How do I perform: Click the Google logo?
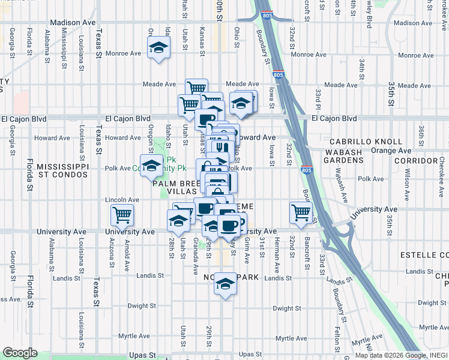coord(20,353)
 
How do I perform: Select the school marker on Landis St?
coord(225,283)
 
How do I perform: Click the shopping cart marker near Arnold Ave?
coord(122,215)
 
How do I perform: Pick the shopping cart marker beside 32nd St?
coord(301,211)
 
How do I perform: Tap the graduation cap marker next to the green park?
coord(151,165)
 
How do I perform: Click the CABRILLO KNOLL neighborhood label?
coord(365,142)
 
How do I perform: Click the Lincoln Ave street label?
coord(122,199)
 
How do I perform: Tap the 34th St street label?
coord(362,69)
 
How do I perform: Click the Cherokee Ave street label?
coord(441,169)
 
